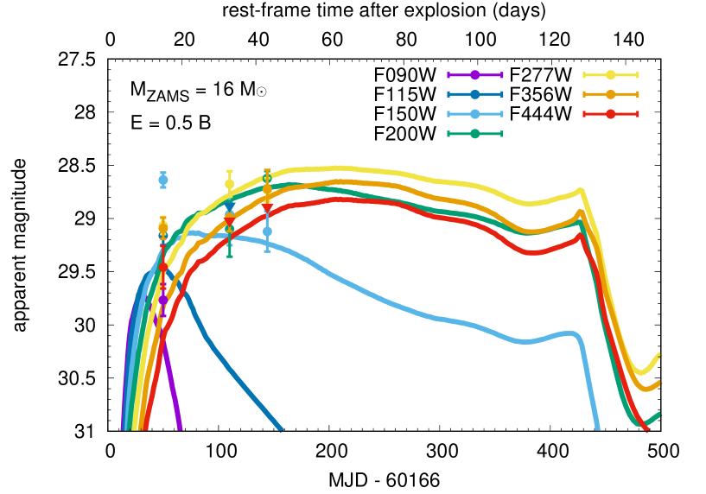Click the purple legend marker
[474, 75]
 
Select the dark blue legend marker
[474, 94]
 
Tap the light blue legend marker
[474, 114]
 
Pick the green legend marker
[474, 134]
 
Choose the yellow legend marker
[611, 75]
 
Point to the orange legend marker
[611, 94]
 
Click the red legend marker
[611, 114]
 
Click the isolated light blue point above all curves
[163, 180]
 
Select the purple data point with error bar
[163, 300]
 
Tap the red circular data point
[163, 267]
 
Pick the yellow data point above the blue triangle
[229, 184]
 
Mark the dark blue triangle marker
[229, 207]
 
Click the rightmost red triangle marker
[267, 208]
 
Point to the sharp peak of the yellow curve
[581, 189]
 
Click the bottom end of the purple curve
[180, 428]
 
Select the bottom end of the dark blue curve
[281, 429]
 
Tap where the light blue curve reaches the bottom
[597, 428]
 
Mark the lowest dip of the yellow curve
[641, 372]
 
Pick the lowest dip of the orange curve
[645, 389]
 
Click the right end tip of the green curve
[660, 414]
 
